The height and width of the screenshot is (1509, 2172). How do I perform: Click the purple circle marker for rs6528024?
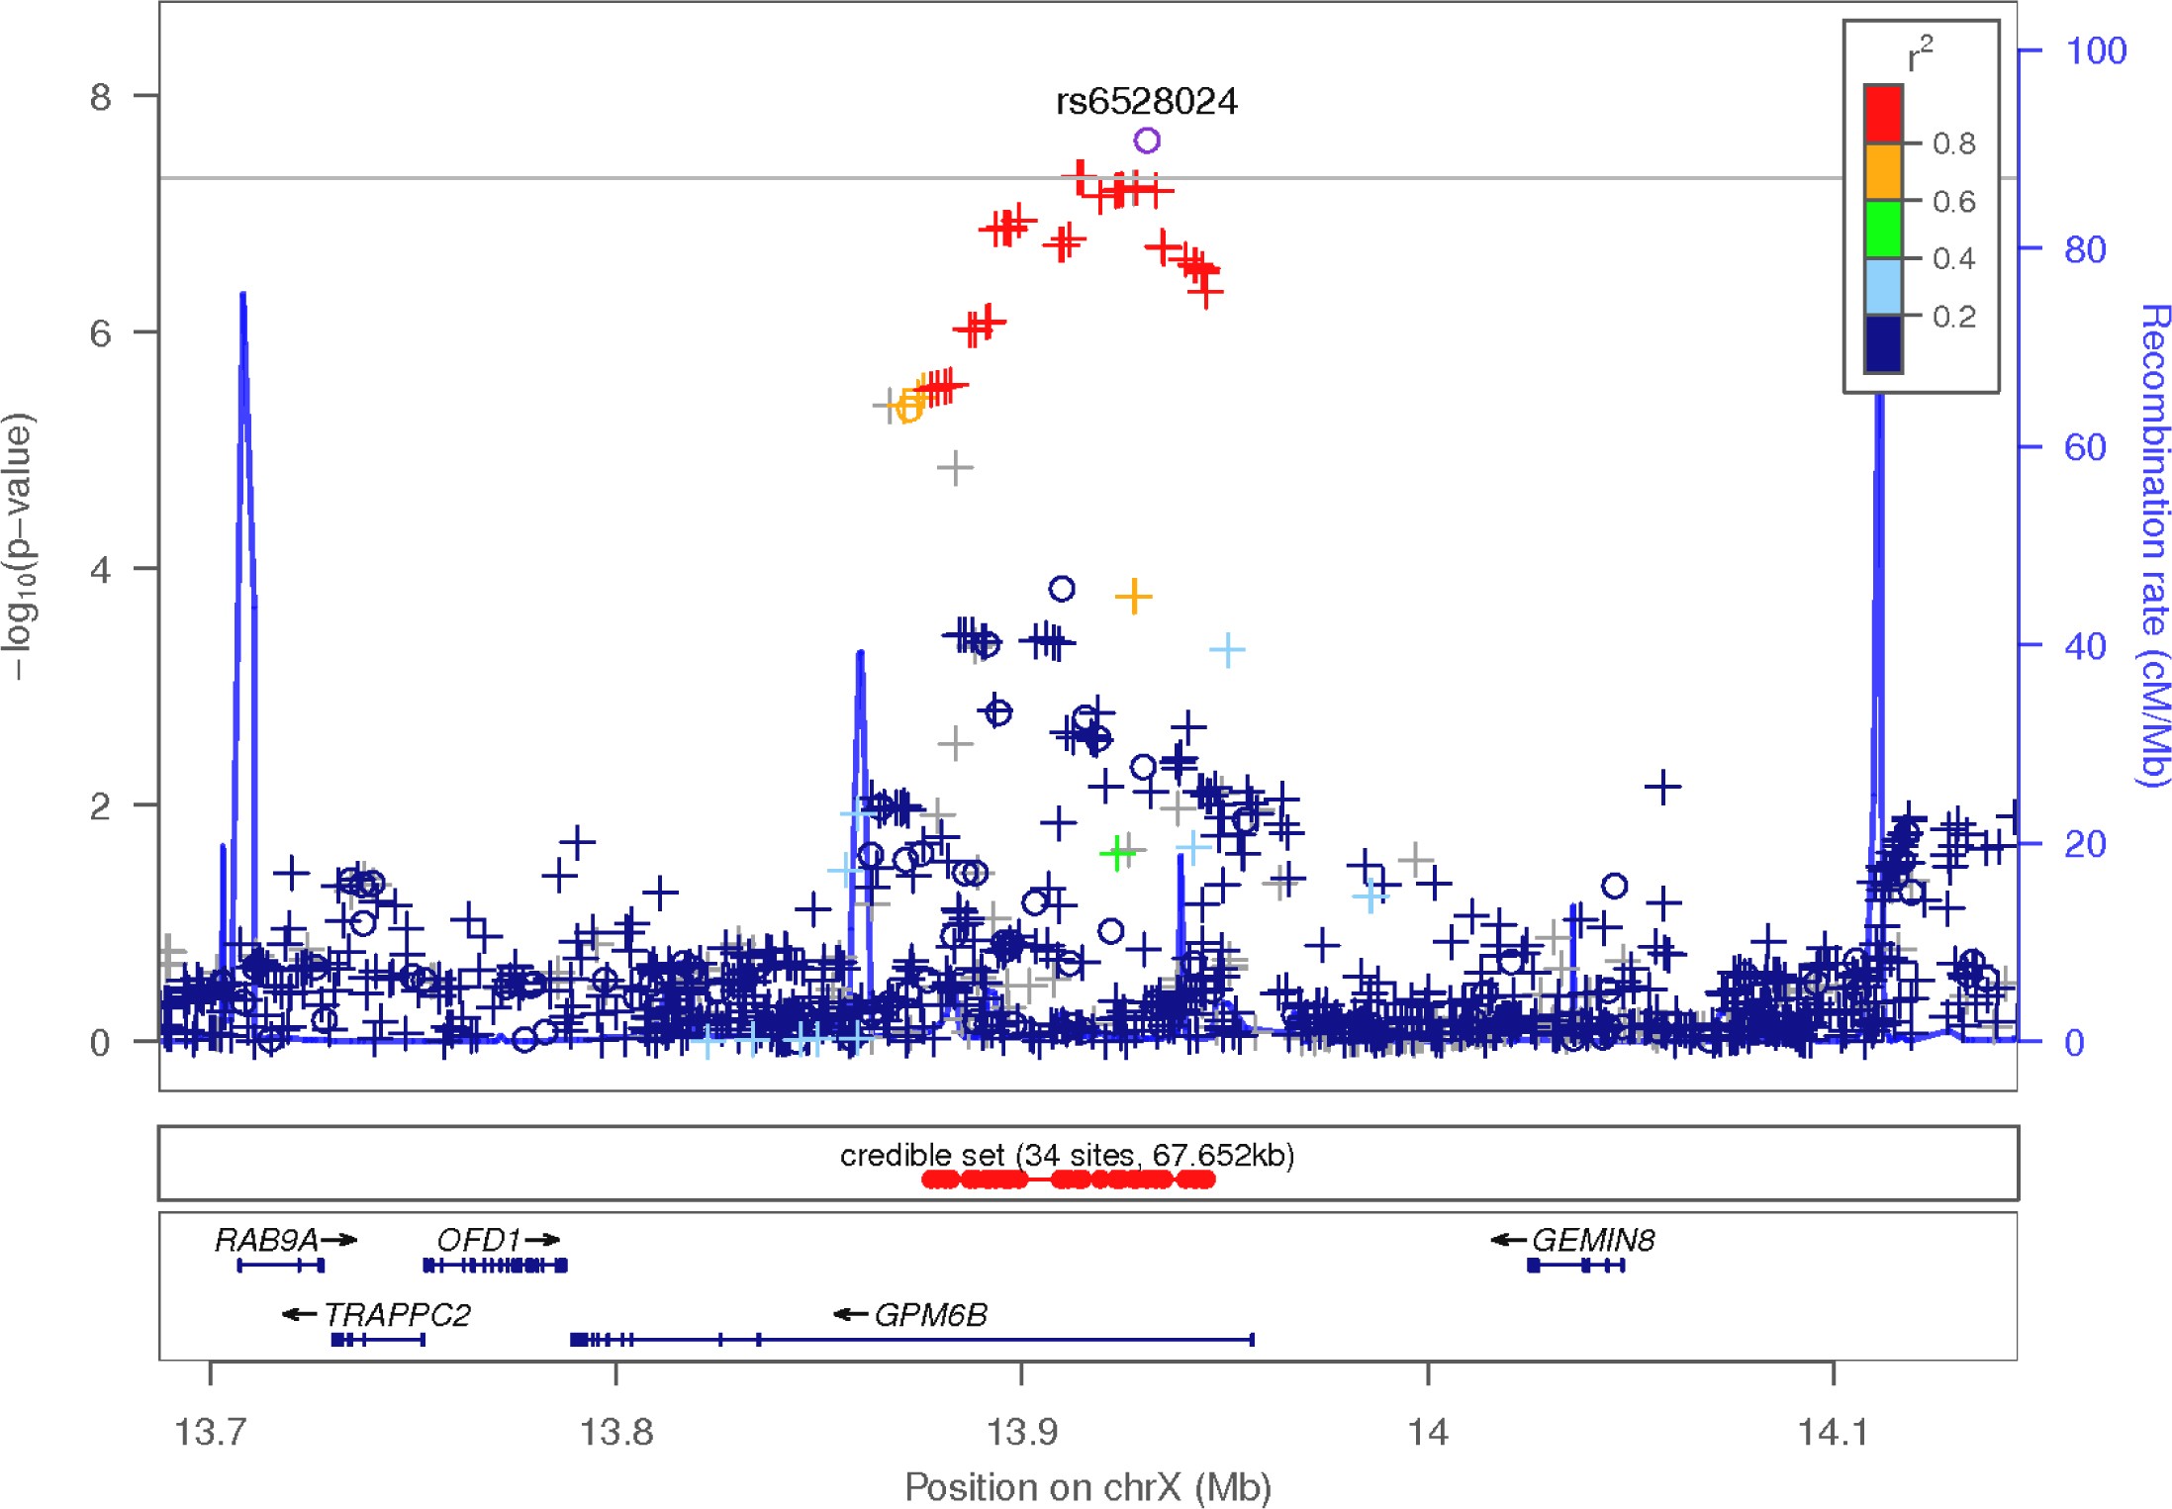(x=1146, y=141)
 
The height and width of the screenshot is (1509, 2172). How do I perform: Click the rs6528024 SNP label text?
(x=1146, y=101)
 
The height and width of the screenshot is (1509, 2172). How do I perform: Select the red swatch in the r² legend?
(x=1882, y=114)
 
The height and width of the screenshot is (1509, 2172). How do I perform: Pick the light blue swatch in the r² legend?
(x=1882, y=287)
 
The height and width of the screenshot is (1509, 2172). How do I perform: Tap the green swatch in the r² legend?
(x=1882, y=229)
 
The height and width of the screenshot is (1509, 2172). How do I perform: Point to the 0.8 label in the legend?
(x=1953, y=144)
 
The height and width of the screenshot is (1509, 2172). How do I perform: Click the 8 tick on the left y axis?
(x=100, y=97)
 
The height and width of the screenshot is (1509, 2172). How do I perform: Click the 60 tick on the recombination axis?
(x=2084, y=447)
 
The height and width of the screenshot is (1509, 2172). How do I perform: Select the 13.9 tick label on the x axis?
(x=1021, y=1432)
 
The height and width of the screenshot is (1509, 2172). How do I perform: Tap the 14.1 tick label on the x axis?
(x=1832, y=1432)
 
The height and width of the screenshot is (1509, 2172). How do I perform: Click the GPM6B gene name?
(x=930, y=1315)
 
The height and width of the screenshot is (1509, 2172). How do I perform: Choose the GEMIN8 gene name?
(x=1592, y=1240)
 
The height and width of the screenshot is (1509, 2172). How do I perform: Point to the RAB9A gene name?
(x=266, y=1240)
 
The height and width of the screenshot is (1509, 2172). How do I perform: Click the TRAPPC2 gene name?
(x=397, y=1315)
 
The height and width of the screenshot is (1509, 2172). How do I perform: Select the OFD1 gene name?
(x=478, y=1240)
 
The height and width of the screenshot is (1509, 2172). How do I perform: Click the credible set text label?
(x=1067, y=1155)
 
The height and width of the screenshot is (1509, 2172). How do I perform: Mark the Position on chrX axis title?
(x=1087, y=1486)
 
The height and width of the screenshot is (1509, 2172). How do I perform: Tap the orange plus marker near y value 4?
(x=1133, y=596)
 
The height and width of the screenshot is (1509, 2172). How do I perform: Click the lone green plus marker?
(x=1117, y=852)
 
